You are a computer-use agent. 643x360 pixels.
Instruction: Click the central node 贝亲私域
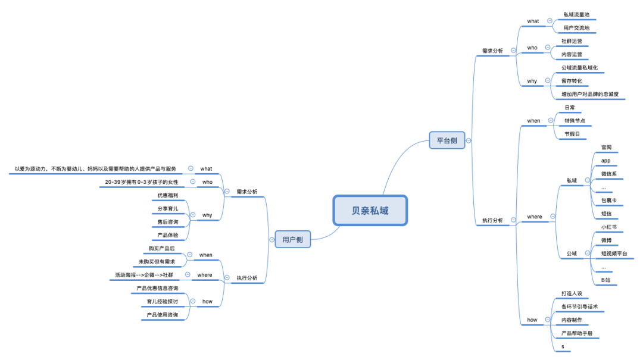tap(370, 211)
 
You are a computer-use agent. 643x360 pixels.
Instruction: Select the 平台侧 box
tap(447, 140)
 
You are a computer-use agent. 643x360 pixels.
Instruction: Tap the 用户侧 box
tap(292, 240)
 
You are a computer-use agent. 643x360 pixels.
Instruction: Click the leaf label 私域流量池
tap(576, 14)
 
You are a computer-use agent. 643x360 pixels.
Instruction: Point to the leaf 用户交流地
tap(576, 28)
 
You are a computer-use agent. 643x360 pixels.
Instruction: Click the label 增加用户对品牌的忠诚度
tap(594, 95)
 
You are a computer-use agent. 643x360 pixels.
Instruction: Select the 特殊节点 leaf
tap(574, 121)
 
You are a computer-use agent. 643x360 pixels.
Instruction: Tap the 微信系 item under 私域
tap(608, 174)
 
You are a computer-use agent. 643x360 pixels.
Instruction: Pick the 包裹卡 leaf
tap(608, 201)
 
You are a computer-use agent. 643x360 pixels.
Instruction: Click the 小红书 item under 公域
tap(608, 227)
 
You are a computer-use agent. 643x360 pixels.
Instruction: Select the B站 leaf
tap(605, 280)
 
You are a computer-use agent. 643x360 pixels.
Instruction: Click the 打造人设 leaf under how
tap(573, 293)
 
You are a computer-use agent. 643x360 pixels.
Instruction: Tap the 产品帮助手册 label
tap(577, 333)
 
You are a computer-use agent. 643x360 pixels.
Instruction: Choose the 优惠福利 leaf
tap(167, 195)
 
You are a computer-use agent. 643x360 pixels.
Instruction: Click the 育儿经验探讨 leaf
tap(162, 302)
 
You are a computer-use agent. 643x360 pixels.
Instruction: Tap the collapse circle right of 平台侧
tap(469, 141)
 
